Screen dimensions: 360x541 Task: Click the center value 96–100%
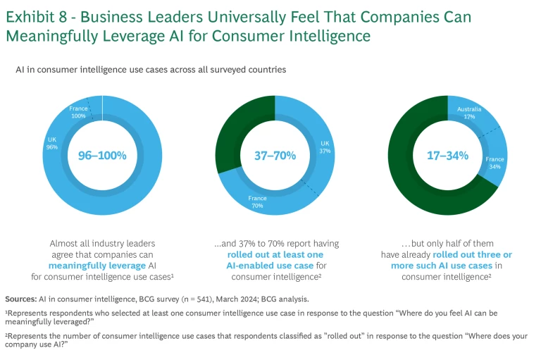point(102,155)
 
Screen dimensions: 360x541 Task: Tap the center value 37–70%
point(275,155)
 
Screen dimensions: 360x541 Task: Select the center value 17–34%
point(447,155)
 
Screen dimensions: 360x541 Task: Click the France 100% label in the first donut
point(77,111)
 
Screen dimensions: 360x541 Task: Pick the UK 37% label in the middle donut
point(325,146)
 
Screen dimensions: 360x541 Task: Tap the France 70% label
point(257,202)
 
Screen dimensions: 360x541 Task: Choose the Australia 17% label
point(469,113)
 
